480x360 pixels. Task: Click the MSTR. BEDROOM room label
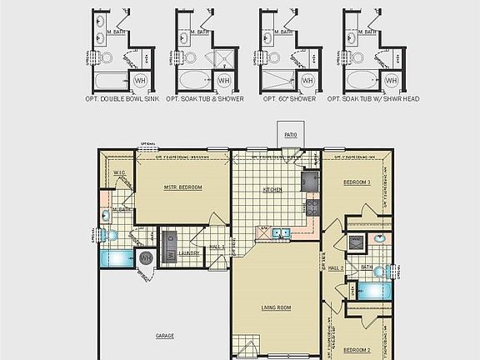(183, 187)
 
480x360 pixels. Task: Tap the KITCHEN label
(272, 190)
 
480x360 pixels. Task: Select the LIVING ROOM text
(276, 308)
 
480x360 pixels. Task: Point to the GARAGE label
(165, 336)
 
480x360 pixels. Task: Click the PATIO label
(291, 133)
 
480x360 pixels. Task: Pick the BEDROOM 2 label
(357, 350)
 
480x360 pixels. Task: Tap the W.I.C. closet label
(118, 173)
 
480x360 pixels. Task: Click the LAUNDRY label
(188, 253)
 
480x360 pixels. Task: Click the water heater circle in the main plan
(147, 258)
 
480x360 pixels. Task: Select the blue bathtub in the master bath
(114, 259)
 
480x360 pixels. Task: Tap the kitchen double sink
(282, 233)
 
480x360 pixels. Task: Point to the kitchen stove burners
(312, 207)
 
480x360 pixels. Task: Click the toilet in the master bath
(106, 215)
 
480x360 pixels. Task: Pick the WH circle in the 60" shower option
(307, 81)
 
